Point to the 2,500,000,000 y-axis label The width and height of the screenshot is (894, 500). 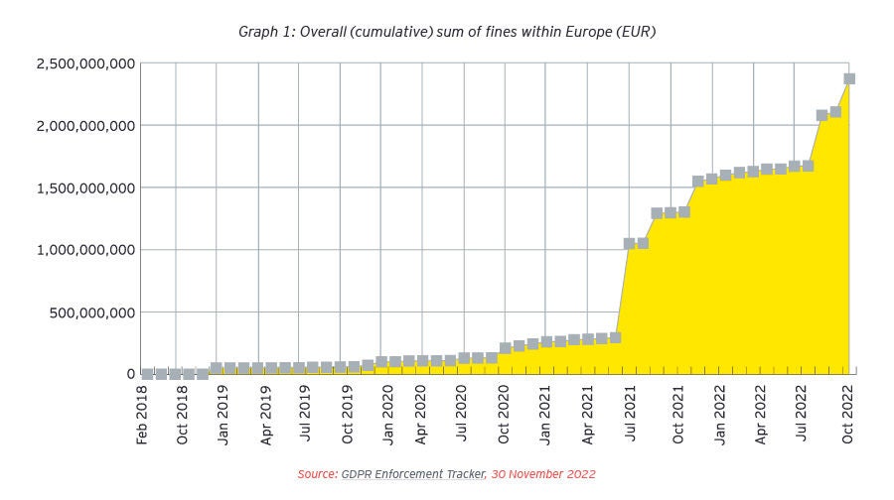pos(85,63)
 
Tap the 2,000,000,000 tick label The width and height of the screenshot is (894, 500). pos(85,126)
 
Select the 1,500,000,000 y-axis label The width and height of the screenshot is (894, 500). pos(85,187)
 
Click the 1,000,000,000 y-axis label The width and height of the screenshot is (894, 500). pos(85,250)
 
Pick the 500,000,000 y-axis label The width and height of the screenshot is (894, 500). pos(92,312)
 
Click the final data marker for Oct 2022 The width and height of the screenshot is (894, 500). pos(849,78)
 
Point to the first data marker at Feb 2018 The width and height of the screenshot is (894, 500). pos(147,374)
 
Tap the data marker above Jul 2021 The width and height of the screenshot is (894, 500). pos(629,243)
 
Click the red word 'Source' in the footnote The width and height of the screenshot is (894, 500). pos(317,474)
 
